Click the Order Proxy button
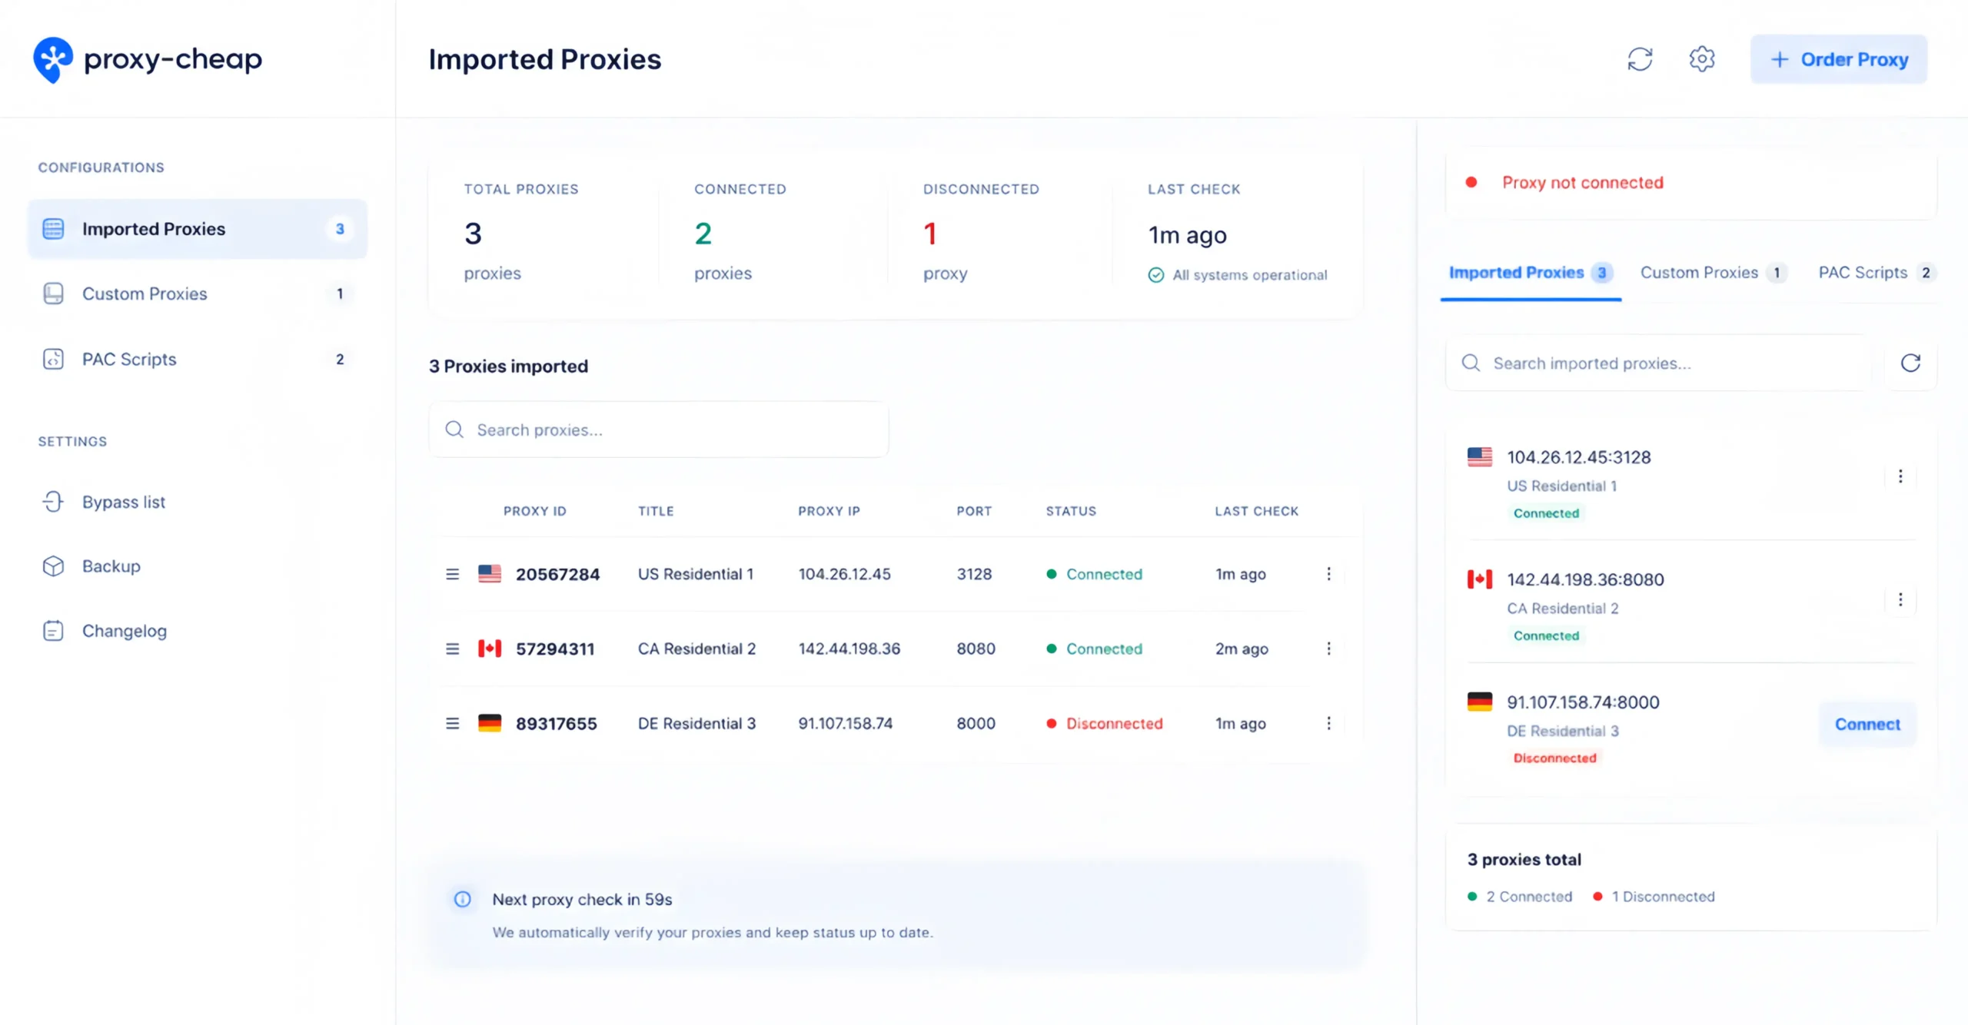(x=1838, y=59)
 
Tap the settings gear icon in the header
(x=1701, y=59)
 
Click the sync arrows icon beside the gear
(x=1640, y=59)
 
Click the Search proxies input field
(x=659, y=430)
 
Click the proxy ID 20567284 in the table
(x=557, y=574)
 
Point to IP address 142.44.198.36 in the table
(x=849, y=649)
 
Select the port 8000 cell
(x=976, y=723)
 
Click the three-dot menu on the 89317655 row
(x=1328, y=723)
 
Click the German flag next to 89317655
(x=490, y=723)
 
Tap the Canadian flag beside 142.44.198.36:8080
(x=1480, y=579)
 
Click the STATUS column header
(x=1071, y=511)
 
